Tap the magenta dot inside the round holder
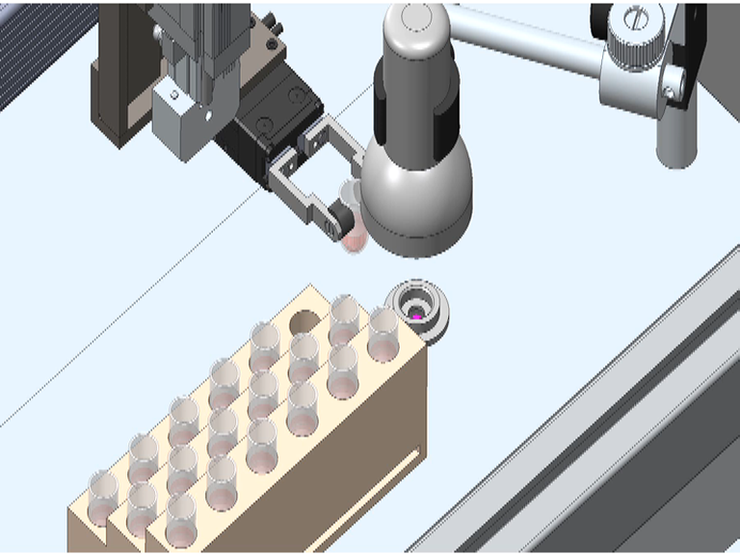pyautogui.click(x=416, y=315)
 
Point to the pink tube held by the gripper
pyautogui.click(x=355, y=234)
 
